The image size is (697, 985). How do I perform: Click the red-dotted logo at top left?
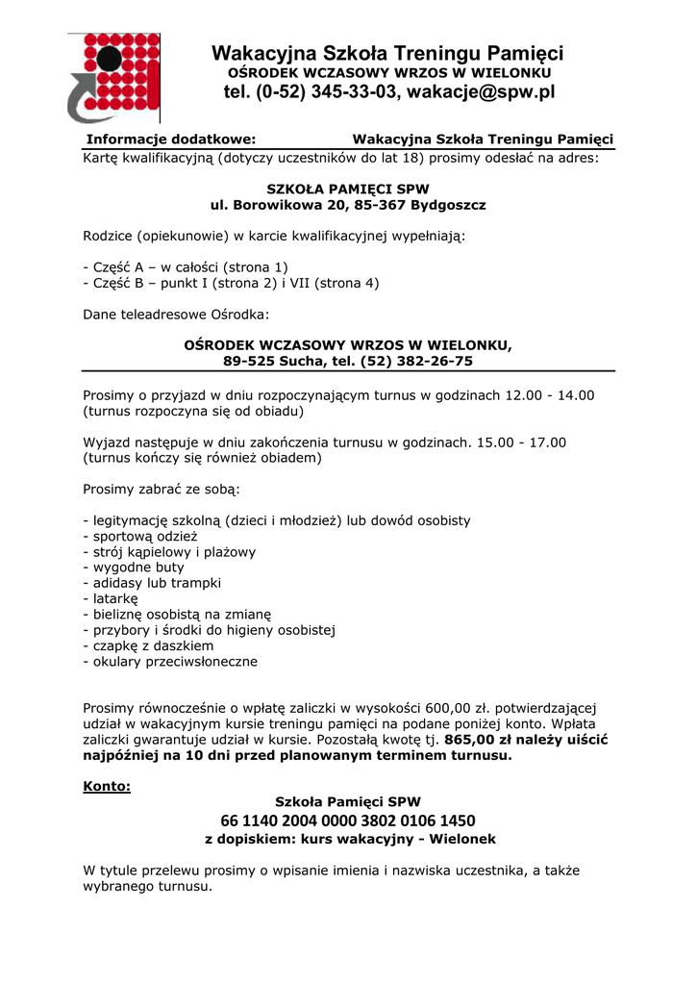[113, 77]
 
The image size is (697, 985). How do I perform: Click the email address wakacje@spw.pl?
[482, 92]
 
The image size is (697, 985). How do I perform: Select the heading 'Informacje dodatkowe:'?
[171, 139]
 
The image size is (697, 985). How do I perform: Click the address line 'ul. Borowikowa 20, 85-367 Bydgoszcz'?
[348, 205]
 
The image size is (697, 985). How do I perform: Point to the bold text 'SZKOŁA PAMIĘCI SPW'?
[348, 189]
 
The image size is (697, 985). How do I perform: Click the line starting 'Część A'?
[186, 266]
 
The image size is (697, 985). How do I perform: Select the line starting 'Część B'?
[231, 283]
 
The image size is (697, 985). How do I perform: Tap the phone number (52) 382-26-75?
[416, 362]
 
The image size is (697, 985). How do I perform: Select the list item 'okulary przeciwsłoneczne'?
[170, 662]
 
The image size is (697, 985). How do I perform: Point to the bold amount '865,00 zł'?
[475, 740]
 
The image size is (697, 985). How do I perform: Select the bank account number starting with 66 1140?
[348, 821]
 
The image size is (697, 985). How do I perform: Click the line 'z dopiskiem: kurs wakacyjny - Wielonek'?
[350, 839]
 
